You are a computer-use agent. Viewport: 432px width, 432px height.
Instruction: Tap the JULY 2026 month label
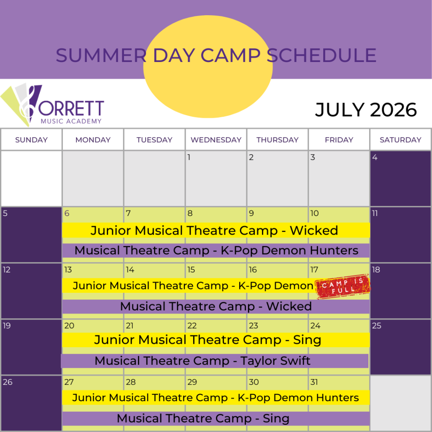point(366,110)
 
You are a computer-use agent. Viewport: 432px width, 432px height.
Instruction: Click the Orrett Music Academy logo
point(53,105)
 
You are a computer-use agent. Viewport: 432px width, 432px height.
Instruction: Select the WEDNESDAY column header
point(216,140)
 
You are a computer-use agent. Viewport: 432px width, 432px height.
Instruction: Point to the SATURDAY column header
point(400,140)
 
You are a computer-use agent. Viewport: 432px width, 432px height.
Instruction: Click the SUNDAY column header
point(31,140)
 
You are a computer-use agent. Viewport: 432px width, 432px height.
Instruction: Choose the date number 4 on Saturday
point(375,158)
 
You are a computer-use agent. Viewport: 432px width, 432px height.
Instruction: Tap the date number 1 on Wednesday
point(189,158)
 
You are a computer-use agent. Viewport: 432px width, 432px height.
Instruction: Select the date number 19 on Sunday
point(7,326)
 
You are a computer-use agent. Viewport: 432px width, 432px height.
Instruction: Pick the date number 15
point(191,270)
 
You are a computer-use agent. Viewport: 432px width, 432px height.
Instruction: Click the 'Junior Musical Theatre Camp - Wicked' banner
point(214,230)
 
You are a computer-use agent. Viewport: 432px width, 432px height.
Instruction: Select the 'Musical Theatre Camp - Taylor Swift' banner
point(202,361)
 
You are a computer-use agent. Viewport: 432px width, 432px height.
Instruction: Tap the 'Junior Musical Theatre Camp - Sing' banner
point(208,340)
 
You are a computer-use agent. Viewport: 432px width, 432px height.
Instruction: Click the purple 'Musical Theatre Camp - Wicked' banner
point(216,306)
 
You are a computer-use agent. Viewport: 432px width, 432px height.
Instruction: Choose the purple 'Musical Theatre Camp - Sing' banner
point(203,418)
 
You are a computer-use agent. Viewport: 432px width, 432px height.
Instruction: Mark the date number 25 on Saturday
point(377,326)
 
